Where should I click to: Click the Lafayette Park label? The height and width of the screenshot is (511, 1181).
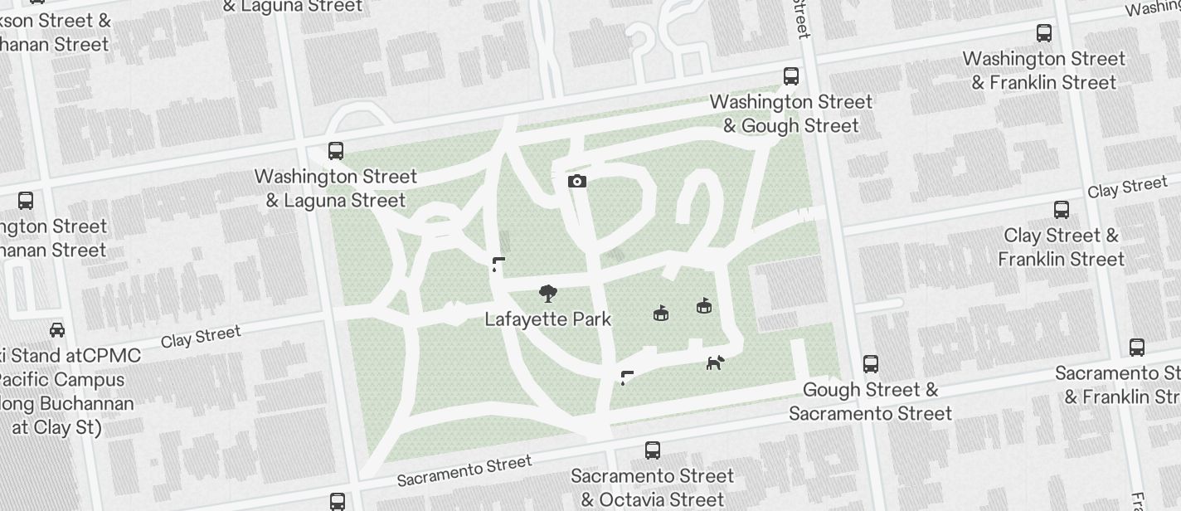coord(547,319)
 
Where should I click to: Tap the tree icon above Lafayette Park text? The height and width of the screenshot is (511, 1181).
coord(547,294)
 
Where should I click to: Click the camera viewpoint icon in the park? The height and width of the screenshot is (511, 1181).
coord(577,181)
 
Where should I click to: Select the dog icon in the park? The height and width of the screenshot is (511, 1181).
coord(715,362)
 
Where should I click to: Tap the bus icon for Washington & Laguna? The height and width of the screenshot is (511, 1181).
coord(336,151)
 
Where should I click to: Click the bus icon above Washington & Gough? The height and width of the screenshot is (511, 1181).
coord(791,76)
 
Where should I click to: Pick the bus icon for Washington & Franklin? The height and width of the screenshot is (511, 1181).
coord(1044,33)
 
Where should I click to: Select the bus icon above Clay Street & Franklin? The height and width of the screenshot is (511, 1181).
coord(1061,210)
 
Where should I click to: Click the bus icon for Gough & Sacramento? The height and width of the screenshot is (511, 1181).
coord(870,364)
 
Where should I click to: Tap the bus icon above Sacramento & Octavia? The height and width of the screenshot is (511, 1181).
coord(653,450)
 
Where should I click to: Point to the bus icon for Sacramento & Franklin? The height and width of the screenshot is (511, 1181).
coord(1136,348)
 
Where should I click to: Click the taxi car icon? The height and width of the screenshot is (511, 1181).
coord(57,330)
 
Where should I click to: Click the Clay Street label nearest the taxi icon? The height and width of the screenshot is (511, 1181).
coord(201,337)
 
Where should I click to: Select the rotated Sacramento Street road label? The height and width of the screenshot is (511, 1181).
coord(464,470)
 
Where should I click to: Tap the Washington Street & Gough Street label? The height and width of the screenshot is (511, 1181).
coord(791,114)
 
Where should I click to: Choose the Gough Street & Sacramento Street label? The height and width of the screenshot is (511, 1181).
coord(870,401)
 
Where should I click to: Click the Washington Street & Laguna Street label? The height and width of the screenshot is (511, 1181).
coord(336,188)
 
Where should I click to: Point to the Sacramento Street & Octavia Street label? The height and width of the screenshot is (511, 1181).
coord(653,488)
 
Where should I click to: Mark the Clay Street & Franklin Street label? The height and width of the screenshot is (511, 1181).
coord(1061,247)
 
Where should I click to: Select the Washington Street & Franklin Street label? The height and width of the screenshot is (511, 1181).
coord(1044,71)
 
